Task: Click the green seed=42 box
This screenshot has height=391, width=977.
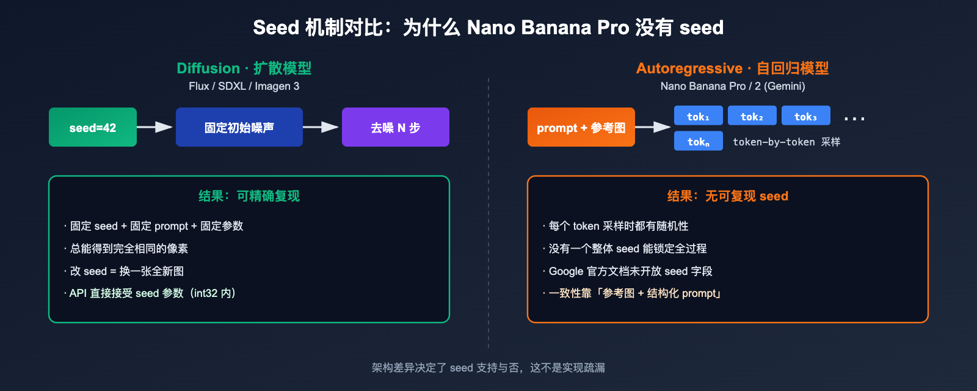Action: [93, 127]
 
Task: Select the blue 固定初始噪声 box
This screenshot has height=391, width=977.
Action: [239, 127]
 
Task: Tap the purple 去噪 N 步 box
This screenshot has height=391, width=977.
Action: [396, 127]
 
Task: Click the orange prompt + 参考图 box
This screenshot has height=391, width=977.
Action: [581, 127]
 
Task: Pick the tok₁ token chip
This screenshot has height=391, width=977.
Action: [698, 115]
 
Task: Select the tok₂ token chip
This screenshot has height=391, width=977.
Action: [752, 115]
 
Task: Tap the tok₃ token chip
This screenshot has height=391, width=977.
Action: [805, 115]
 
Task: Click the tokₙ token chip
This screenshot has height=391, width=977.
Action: [698, 141]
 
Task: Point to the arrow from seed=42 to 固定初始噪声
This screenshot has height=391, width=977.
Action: [155, 127]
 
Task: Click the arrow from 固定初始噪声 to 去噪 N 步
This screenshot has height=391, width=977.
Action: [321, 127]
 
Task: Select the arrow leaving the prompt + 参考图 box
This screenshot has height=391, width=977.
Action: [653, 127]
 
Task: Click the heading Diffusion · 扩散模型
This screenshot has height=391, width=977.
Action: [244, 68]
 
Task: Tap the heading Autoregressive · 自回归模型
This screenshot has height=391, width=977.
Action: [732, 68]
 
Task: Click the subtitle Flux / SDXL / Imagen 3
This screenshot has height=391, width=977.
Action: [244, 86]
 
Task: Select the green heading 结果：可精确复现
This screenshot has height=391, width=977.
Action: [249, 196]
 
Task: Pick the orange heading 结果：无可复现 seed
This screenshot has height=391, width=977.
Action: [727, 196]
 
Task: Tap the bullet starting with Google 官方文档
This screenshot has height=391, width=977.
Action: [630, 271]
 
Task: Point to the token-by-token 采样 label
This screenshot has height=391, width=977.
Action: [786, 142]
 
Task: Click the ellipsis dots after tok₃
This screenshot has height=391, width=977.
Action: [854, 118]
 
